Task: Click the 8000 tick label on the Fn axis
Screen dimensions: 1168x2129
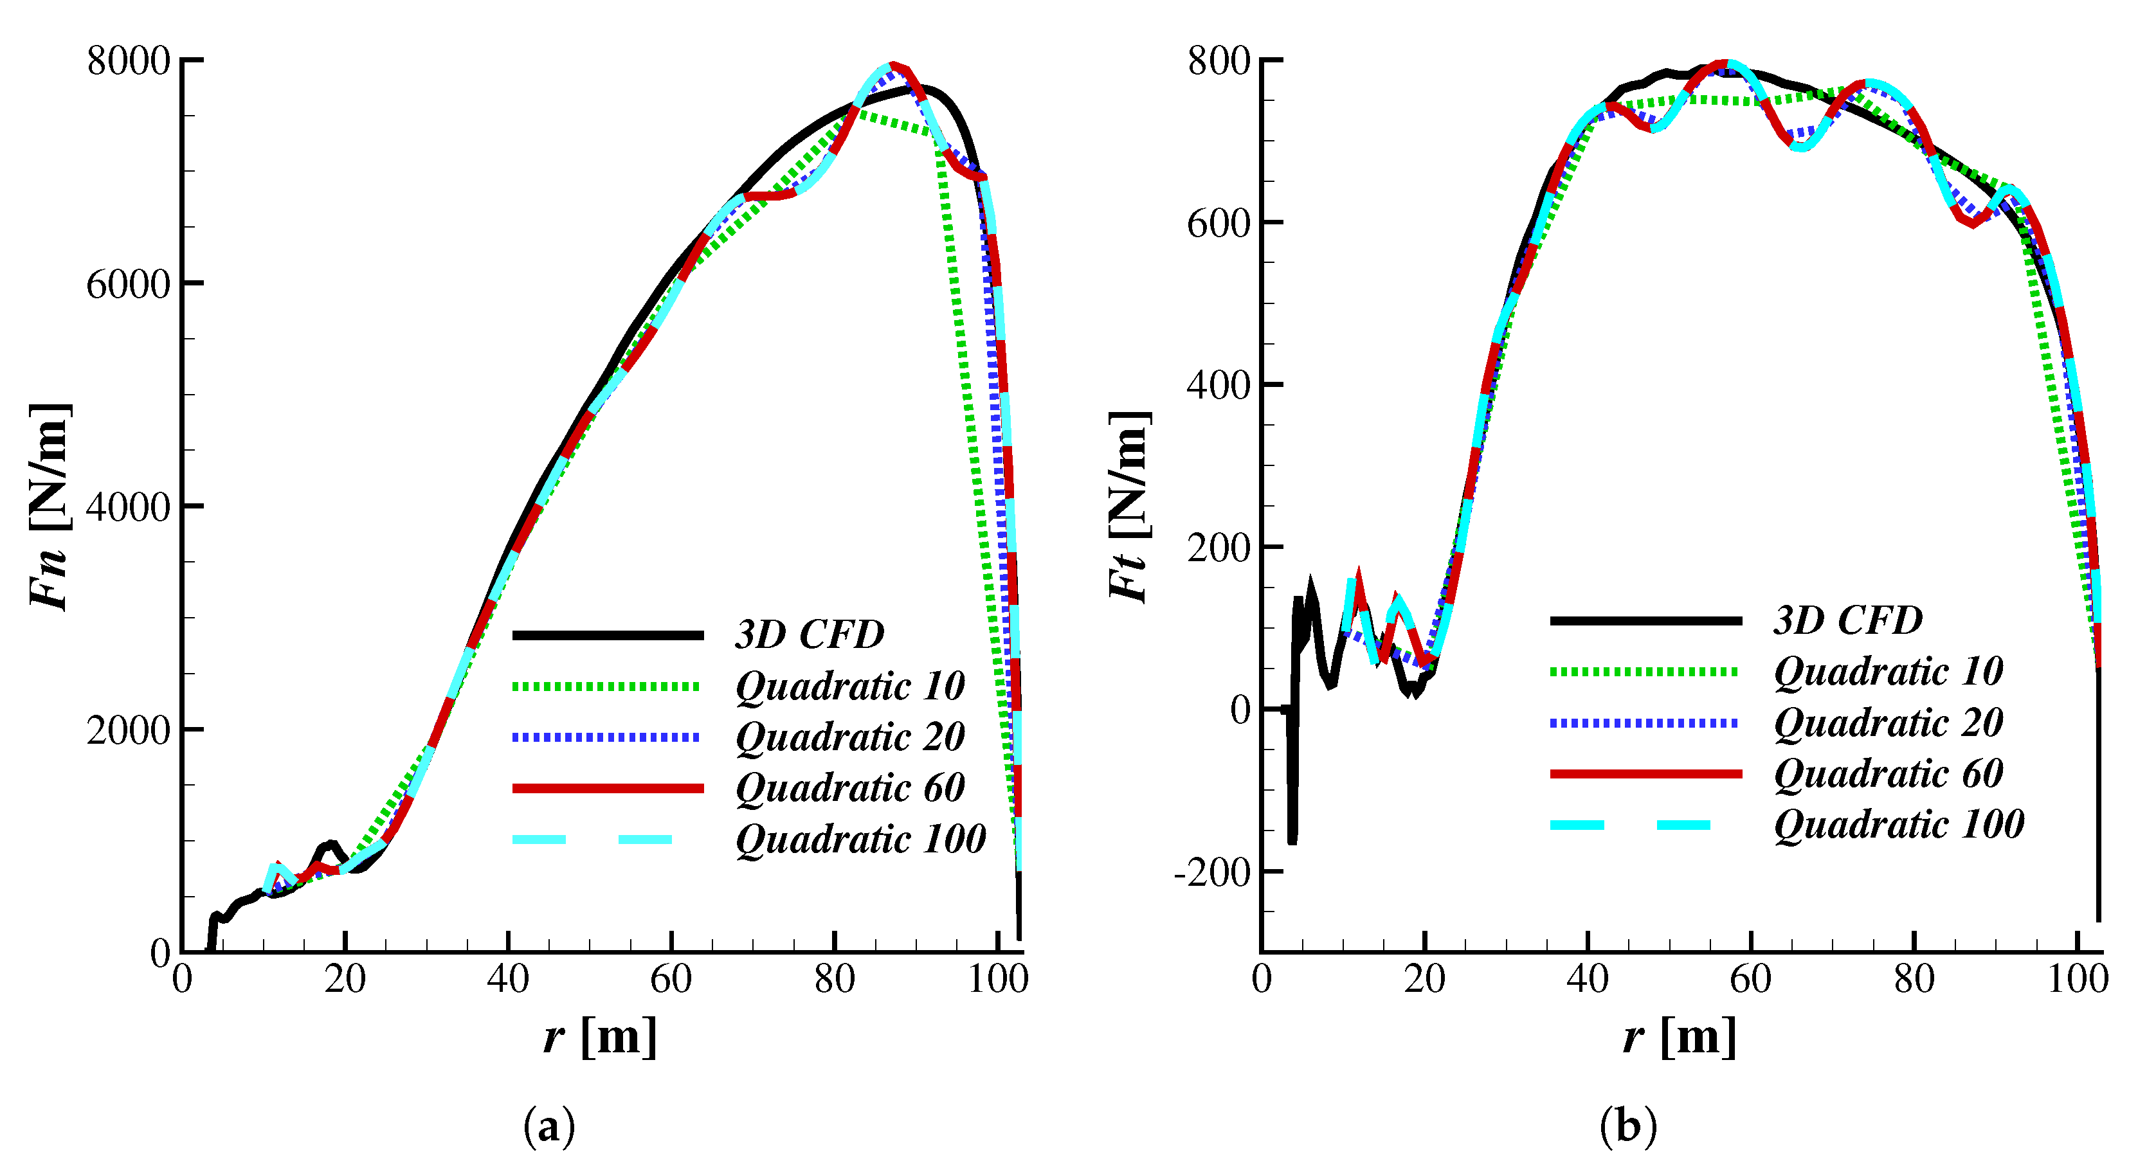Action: pyautogui.click(x=128, y=61)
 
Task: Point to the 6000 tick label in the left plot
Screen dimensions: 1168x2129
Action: pyautogui.click(x=128, y=284)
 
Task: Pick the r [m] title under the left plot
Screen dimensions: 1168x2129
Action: pyautogui.click(x=600, y=1036)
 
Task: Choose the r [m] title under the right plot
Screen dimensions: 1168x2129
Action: pyautogui.click(x=1680, y=1036)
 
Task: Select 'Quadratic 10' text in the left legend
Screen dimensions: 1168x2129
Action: pyautogui.click(x=849, y=687)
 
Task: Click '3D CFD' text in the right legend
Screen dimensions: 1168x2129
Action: pyautogui.click(x=1848, y=620)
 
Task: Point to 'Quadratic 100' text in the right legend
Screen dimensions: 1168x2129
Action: pyautogui.click(x=1898, y=824)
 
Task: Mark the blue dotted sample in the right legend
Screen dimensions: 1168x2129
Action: pyautogui.click(x=1645, y=723)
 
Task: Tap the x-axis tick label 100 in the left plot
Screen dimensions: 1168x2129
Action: pyautogui.click(x=997, y=980)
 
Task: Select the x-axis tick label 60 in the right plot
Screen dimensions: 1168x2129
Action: pyautogui.click(x=1750, y=980)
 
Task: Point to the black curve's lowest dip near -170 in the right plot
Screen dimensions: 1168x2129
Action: pyautogui.click(x=1292, y=841)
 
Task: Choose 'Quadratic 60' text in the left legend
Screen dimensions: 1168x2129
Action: pyautogui.click(x=849, y=788)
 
